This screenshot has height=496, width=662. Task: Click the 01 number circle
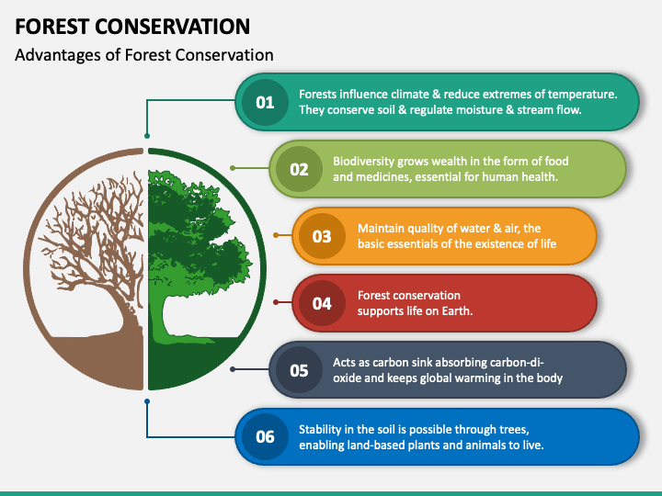point(265,102)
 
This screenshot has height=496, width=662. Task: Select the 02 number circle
point(299,169)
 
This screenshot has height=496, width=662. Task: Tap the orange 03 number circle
point(322,236)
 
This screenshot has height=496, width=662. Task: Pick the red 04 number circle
point(322,303)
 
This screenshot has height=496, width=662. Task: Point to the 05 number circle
point(299,370)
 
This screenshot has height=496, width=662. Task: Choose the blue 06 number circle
point(265,437)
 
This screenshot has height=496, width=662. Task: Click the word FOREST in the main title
point(51,27)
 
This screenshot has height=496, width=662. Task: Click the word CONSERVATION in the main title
point(172,27)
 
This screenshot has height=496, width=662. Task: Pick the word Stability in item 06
point(320,430)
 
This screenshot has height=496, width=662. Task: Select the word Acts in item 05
point(343,362)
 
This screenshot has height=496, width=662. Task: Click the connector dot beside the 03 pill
point(276,235)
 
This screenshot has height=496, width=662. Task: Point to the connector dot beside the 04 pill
point(276,302)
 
